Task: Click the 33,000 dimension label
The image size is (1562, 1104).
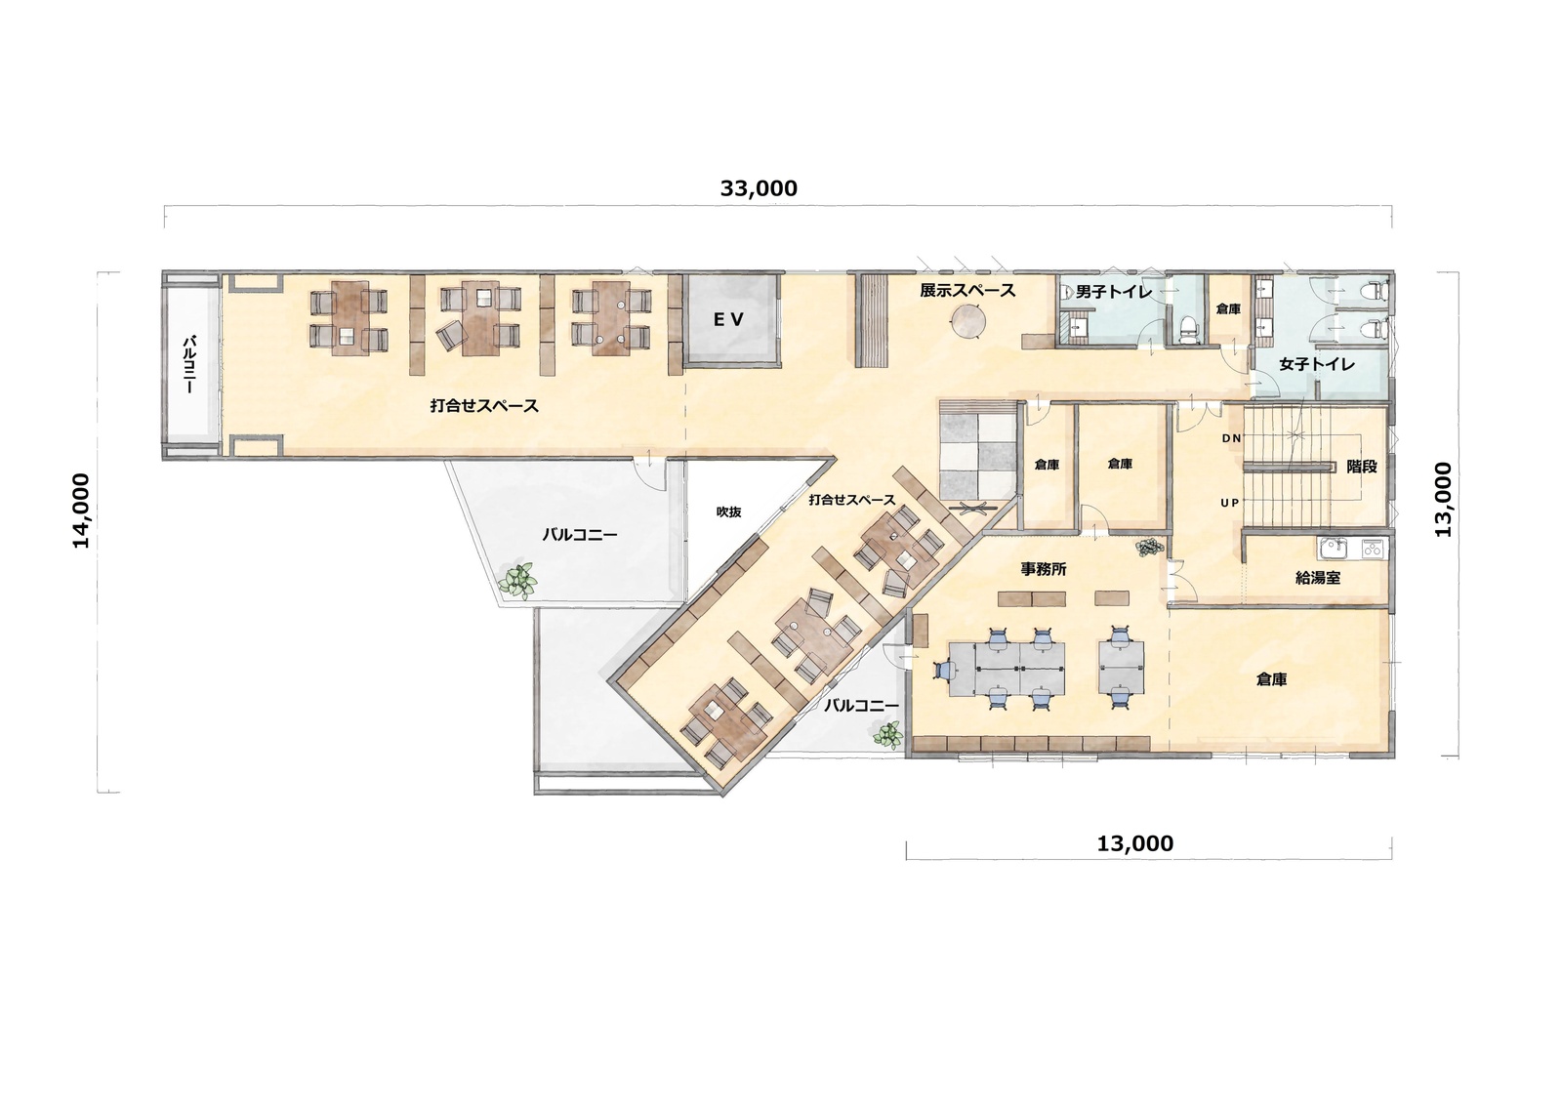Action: point(759,188)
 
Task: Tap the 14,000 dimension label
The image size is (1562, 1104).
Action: point(82,511)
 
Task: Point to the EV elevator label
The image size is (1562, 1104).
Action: point(728,319)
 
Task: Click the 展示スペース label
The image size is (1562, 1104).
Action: point(967,291)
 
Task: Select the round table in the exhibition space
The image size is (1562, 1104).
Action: point(967,323)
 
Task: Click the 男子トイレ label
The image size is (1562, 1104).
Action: point(1114,292)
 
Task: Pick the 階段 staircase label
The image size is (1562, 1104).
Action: point(1361,467)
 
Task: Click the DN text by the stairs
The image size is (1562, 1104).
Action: point(1231,438)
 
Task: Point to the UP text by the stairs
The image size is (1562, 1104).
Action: point(1230,502)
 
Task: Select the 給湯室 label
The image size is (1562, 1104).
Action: point(1317,578)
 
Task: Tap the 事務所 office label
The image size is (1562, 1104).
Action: point(1044,569)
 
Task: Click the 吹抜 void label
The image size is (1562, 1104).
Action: point(728,511)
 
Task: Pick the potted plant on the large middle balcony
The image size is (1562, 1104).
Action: point(516,580)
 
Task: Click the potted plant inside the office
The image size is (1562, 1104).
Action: point(1150,547)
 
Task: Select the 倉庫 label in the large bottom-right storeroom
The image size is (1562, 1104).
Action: point(1271,679)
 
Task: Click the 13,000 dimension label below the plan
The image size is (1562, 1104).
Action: point(1135,844)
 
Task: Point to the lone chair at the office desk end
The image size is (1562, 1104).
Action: point(944,668)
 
